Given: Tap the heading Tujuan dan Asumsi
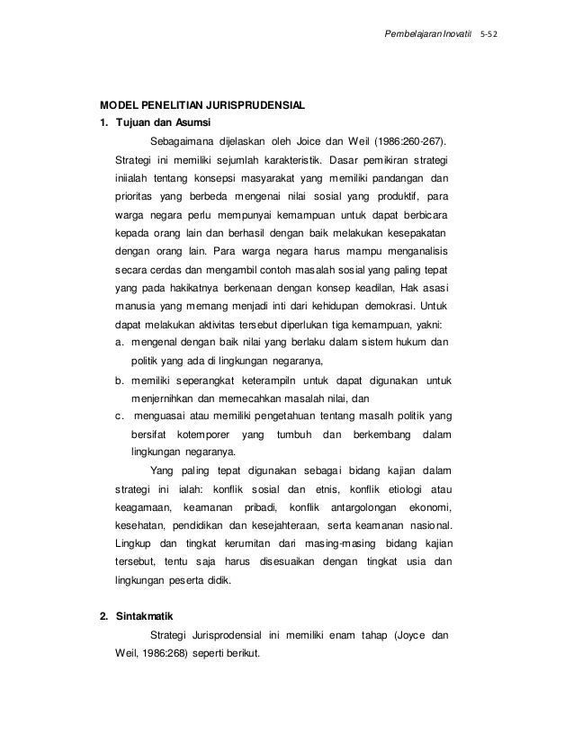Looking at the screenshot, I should (163, 123).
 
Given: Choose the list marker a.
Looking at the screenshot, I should (120, 343).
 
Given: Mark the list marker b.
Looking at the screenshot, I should (120, 380).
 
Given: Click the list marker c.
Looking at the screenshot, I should (120, 416).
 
